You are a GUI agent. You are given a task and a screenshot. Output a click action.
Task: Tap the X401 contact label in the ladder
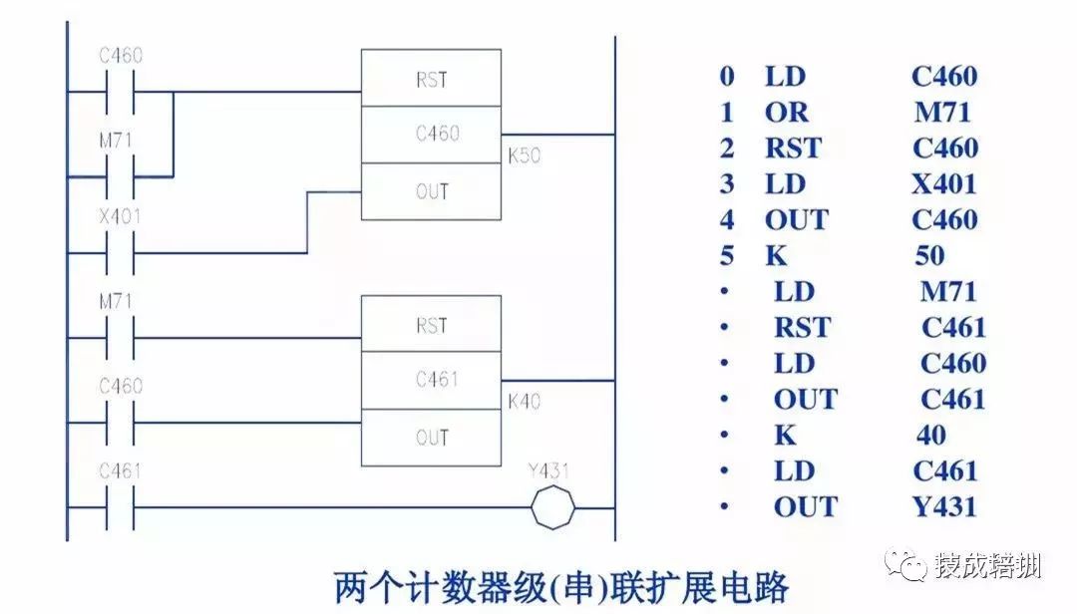120,217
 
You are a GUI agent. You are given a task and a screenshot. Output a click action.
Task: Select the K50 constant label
524,156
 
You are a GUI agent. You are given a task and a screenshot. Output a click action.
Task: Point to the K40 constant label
524,402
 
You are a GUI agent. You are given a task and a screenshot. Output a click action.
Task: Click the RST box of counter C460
431,80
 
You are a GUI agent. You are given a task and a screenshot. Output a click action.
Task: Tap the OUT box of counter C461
431,437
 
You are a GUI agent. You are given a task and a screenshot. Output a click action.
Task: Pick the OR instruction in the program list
787,112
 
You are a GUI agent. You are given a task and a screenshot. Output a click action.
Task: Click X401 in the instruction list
943,183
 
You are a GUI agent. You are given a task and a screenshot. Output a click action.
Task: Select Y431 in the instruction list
943,506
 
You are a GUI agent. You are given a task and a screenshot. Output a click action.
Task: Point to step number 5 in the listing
727,255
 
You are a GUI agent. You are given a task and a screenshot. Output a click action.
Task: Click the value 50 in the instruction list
929,255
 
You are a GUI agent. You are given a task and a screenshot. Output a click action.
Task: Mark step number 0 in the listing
727,76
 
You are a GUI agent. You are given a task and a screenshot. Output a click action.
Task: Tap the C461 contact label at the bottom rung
120,470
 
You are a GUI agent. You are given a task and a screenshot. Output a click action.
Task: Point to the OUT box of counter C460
431,191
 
